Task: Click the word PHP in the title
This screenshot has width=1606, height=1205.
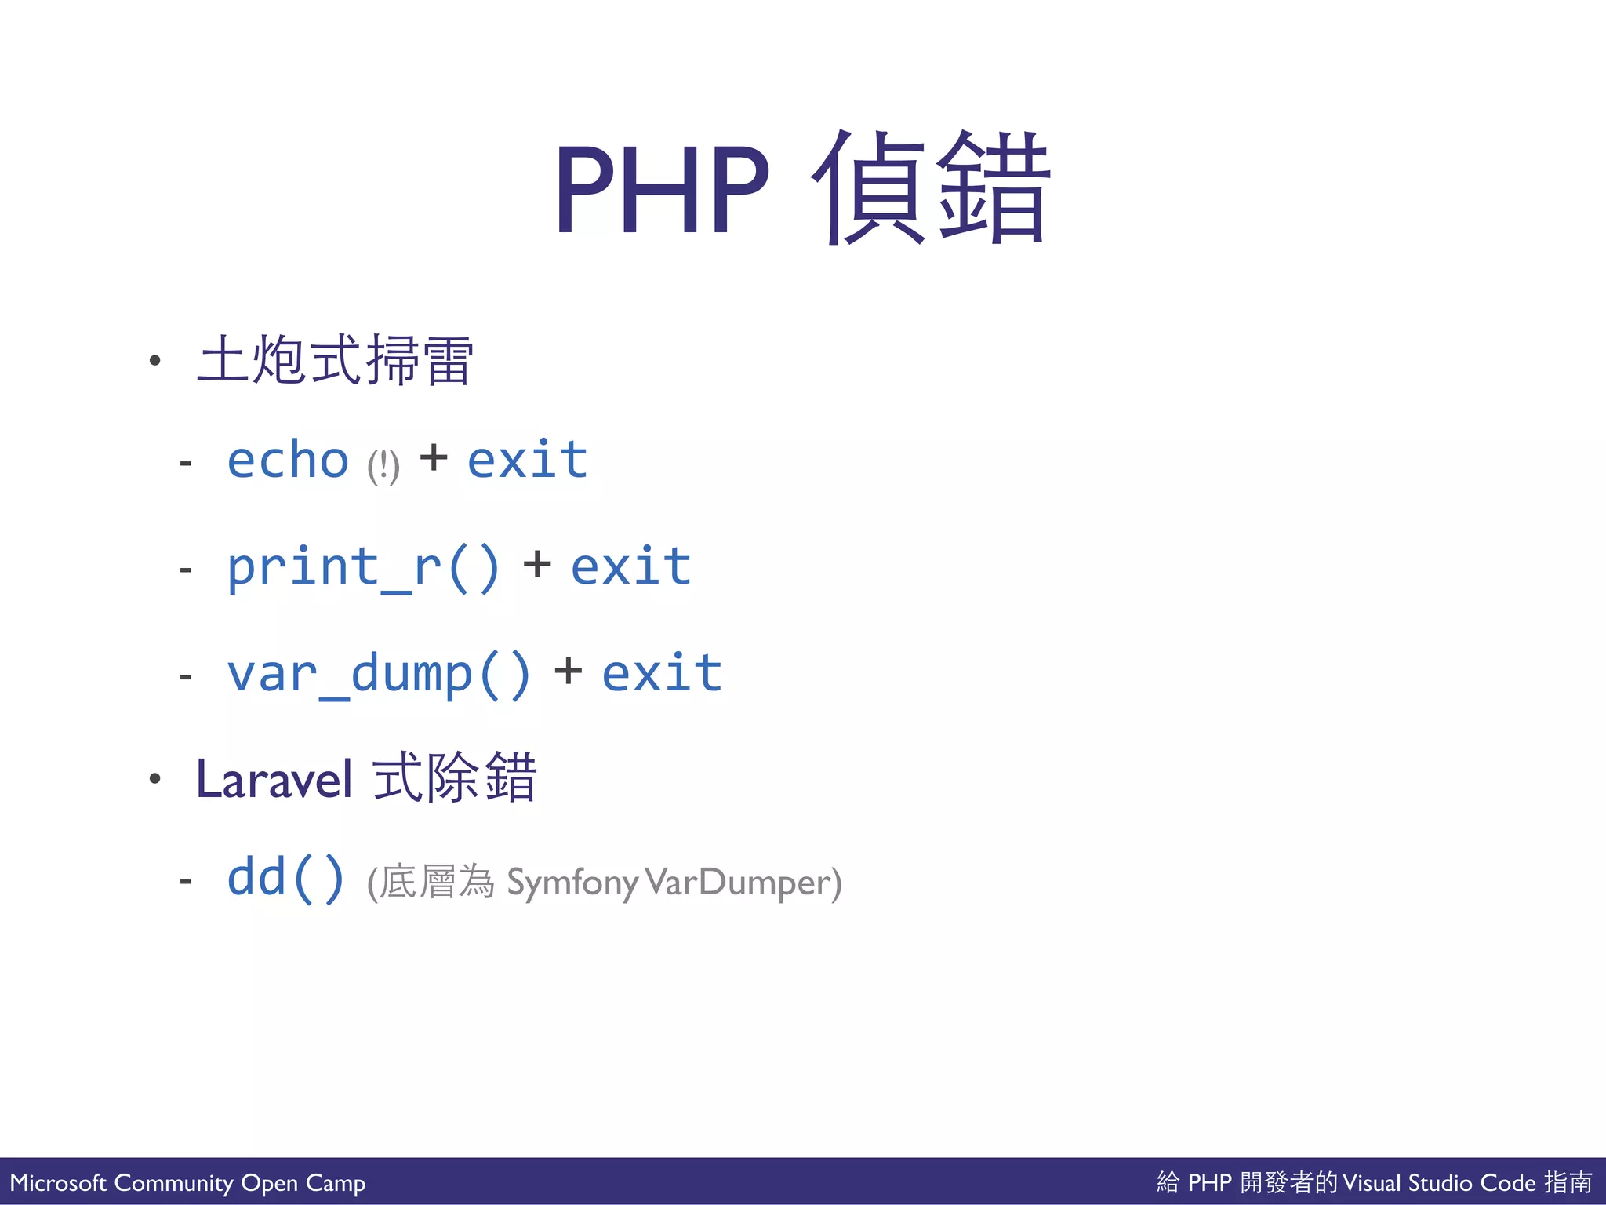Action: pyautogui.click(x=663, y=190)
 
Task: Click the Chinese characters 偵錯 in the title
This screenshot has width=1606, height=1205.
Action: pyautogui.click(x=931, y=188)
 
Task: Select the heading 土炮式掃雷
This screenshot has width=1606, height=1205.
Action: pyautogui.click(x=335, y=360)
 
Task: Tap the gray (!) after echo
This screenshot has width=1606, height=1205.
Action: pyautogui.click(x=383, y=467)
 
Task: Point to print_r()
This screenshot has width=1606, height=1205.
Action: pyautogui.click(x=363, y=567)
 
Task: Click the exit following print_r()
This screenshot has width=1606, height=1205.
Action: pyautogui.click(x=630, y=566)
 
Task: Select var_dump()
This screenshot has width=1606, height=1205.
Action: pyautogui.click(x=379, y=674)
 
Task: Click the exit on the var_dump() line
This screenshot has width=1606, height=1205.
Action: pyautogui.click(x=662, y=673)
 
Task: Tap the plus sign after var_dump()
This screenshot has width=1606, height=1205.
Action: pyautogui.click(x=568, y=672)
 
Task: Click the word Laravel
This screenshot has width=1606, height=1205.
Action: pyautogui.click(x=274, y=780)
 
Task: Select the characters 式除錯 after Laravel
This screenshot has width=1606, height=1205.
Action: pyautogui.click(x=455, y=777)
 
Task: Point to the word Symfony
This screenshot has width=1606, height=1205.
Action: pyautogui.click(x=572, y=883)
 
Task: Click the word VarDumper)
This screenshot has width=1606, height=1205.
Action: pyautogui.click(x=743, y=883)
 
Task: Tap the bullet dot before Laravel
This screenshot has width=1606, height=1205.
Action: pyautogui.click(x=155, y=778)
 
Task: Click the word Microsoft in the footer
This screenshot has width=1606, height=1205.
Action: pyautogui.click(x=58, y=1182)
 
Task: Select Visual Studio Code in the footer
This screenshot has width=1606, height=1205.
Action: pyautogui.click(x=1439, y=1182)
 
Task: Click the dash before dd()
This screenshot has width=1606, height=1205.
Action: pyautogui.click(x=186, y=882)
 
